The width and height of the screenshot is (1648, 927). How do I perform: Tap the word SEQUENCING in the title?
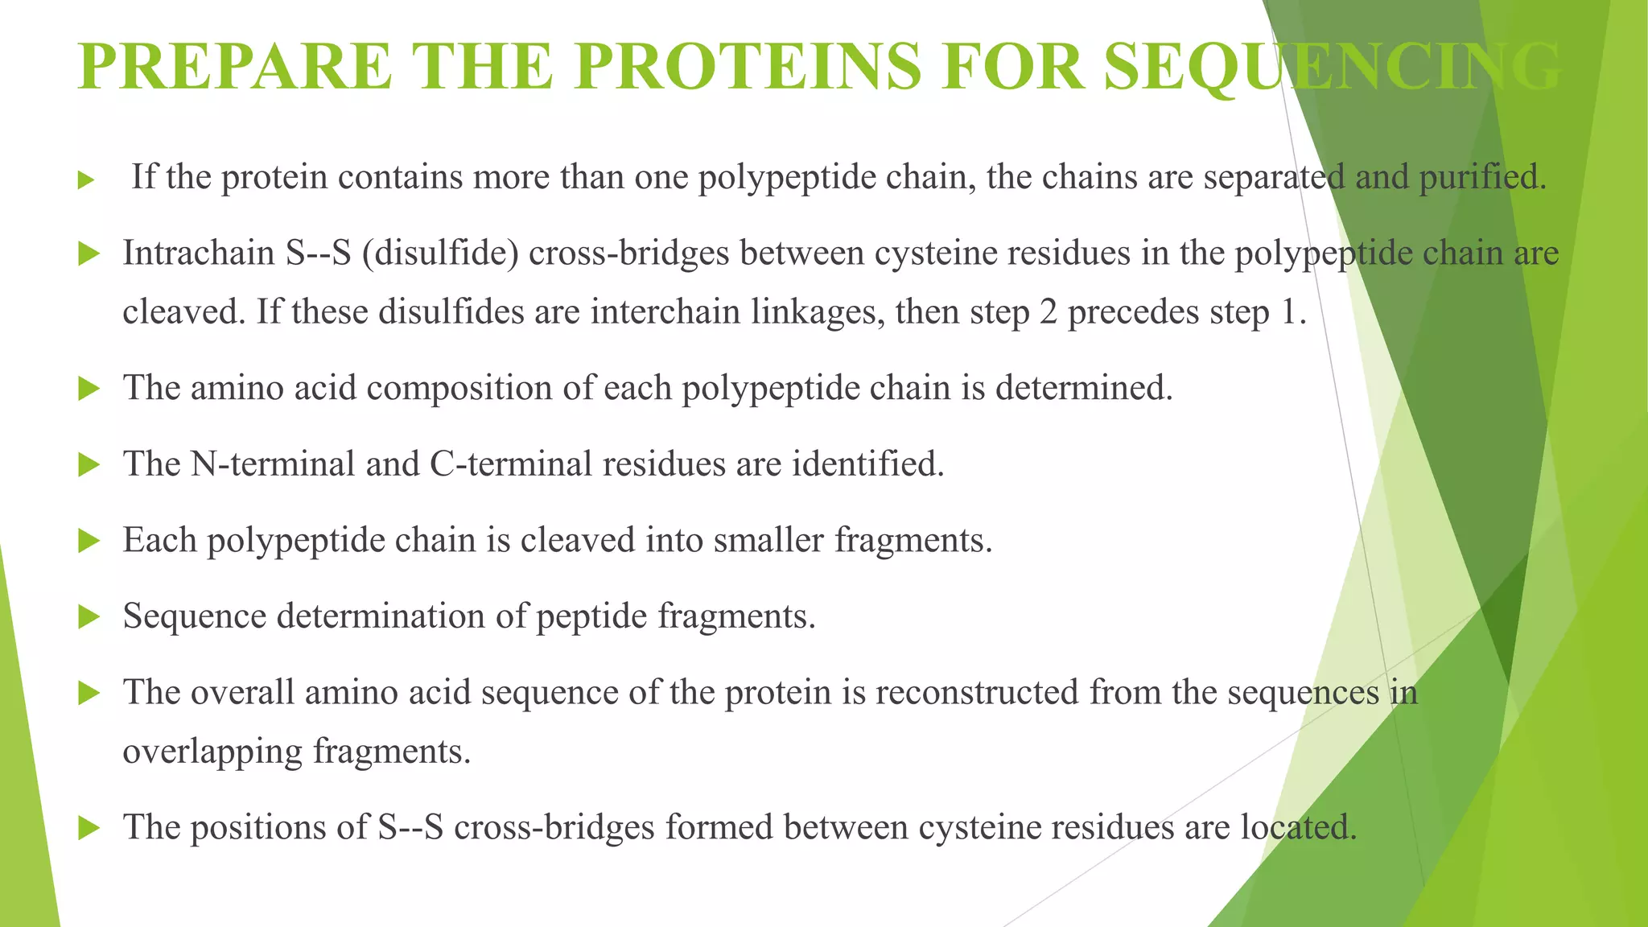1332,68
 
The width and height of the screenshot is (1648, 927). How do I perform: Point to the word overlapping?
212,752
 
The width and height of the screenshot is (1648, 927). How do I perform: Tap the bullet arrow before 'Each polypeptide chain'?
89,541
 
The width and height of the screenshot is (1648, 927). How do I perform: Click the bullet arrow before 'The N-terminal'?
89,465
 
